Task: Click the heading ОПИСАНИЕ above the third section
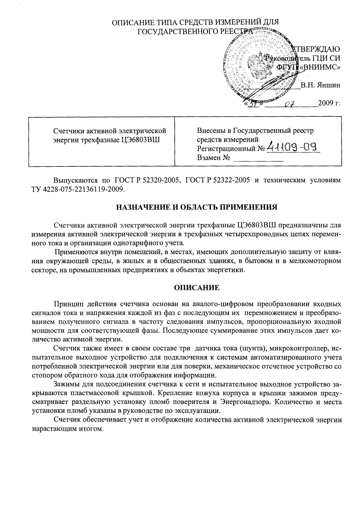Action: pyautogui.click(x=197, y=287)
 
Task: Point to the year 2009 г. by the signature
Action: pyautogui.click(x=329, y=103)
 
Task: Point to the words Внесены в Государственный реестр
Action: pyautogui.click(x=255, y=130)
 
